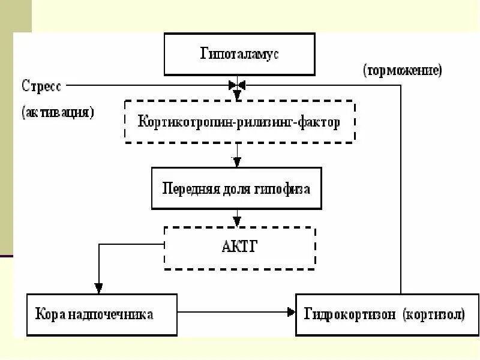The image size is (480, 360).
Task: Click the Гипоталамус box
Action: (x=239, y=54)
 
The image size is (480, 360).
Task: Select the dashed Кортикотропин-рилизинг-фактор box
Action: (x=239, y=122)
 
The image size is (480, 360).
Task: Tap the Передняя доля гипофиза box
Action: (x=236, y=188)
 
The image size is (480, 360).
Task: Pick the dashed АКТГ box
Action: (x=239, y=247)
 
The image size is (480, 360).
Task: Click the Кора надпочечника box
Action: (x=101, y=314)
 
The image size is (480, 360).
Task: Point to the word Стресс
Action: (x=41, y=85)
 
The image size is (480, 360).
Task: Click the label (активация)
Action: (x=58, y=112)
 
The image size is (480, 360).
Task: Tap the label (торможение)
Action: (x=402, y=70)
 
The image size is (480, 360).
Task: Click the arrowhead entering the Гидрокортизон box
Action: (x=291, y=311)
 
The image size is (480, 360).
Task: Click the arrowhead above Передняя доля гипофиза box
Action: (x=237, y=162)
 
